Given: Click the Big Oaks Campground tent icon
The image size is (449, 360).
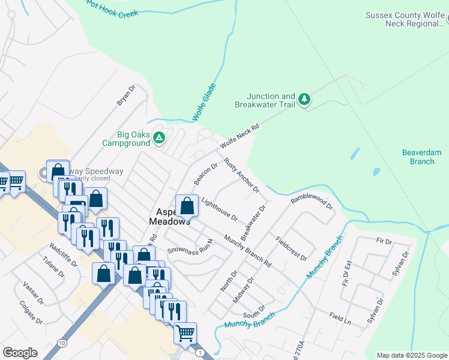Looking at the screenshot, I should coord(159,138).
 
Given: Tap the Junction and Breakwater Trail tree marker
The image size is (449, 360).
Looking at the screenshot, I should coord(304,99).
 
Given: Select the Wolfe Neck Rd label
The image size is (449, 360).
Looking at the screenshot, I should coord(238,137).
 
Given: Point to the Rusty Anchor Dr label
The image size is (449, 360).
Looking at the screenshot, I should coord(241,175).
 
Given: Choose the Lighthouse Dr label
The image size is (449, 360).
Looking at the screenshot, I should coord(220,208).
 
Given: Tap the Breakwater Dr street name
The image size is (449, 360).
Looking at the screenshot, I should coord(253,223).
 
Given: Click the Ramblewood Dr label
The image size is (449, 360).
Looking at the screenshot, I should coord(312,202).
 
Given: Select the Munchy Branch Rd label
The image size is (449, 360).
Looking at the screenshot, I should coord(247,250).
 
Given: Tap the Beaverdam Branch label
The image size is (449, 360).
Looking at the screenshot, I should coord(418,157).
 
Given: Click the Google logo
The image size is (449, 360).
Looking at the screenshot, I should coord(19,353).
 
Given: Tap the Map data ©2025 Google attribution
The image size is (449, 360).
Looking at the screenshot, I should coord(411,355).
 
